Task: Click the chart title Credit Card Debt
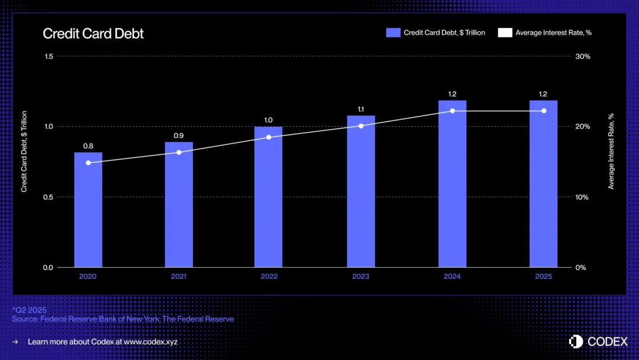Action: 93,33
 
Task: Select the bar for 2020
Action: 88,210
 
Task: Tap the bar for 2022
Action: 268,197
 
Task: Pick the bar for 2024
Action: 452,184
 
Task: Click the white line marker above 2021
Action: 179,152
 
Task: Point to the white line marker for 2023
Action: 361,126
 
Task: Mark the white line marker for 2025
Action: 543,111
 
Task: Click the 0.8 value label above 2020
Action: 88,146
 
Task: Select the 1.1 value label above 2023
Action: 361,109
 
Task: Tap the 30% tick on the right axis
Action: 583,56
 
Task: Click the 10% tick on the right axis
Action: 583,197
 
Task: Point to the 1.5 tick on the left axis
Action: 49,56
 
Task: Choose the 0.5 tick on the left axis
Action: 49,197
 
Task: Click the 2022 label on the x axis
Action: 269,277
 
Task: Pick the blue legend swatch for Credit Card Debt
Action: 393,33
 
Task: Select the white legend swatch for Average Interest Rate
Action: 505,33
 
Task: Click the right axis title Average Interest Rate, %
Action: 611,151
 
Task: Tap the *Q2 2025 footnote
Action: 29,310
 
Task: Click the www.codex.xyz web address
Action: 150,342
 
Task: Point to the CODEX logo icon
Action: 576,341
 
